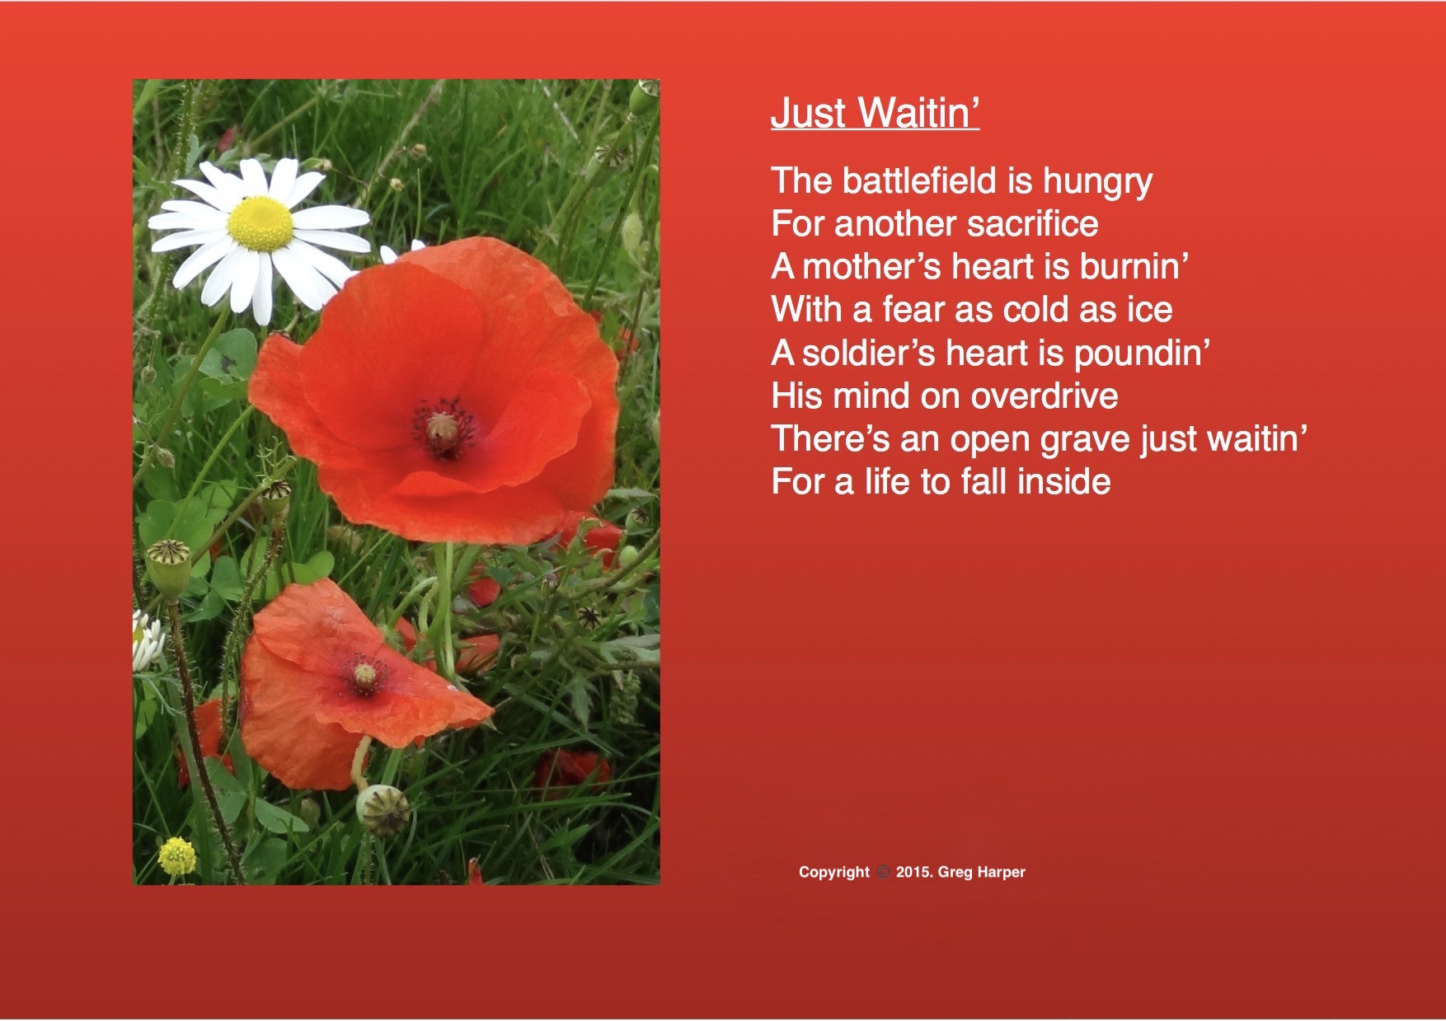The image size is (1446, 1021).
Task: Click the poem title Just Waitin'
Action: [875, 112]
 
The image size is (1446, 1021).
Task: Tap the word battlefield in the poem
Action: [921, 180]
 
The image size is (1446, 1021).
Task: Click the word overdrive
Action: [1044, 396]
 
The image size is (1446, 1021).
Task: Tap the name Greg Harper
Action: [982, 873]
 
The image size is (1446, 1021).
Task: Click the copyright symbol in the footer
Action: [883, 872]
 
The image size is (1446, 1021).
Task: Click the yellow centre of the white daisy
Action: [261, 223]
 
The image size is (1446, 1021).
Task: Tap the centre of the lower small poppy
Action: [364, 677]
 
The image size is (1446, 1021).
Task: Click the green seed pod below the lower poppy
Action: [383, 808]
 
